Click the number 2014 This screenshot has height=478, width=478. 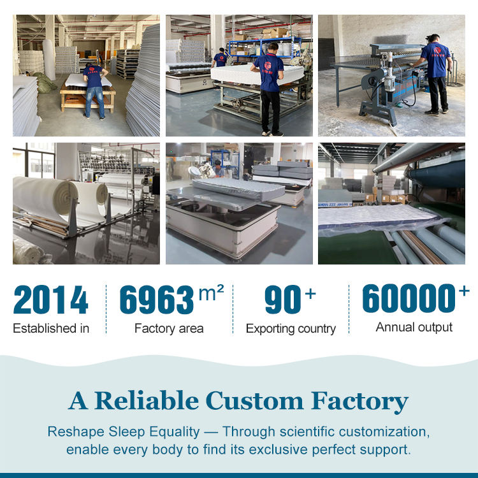click(51, 300)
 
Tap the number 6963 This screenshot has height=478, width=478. click(157, 300)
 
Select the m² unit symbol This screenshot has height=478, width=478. click(211, 293)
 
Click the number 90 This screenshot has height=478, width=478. click(283, 300)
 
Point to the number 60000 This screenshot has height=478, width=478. click(409, 298)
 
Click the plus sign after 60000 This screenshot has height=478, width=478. click(464, 291)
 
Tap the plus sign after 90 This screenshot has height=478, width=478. click(310, 294)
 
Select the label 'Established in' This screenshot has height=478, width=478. click(51, 328)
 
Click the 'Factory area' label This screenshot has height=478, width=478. click(169, 329)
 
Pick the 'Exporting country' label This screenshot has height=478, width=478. click(291, 329)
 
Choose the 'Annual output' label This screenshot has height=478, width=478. click(414, 328)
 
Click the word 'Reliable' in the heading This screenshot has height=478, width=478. click(147, 400)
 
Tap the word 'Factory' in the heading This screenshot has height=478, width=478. click(359, 402)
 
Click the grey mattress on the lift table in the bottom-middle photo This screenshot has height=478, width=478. click(238, 189)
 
